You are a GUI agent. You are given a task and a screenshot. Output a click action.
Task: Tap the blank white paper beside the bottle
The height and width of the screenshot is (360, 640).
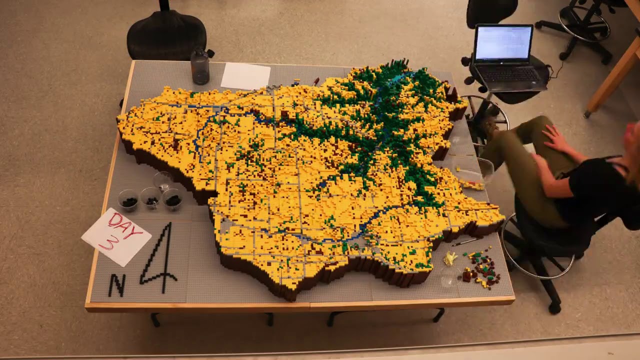pos(245,76)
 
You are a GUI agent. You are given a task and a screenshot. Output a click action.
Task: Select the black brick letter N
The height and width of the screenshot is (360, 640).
pos(117,285)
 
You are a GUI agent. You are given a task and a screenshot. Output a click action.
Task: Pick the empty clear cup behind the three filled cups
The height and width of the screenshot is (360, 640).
pos(163,180)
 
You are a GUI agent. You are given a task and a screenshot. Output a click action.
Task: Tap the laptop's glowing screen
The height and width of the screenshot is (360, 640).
pos(503,43)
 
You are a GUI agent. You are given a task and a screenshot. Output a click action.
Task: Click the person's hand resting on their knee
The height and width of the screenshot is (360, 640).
pos(554,137)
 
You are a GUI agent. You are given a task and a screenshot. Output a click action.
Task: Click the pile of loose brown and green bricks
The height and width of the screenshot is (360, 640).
pos(481,270)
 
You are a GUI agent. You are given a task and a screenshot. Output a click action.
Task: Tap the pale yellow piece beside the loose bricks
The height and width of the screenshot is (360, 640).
pos(450,258)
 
